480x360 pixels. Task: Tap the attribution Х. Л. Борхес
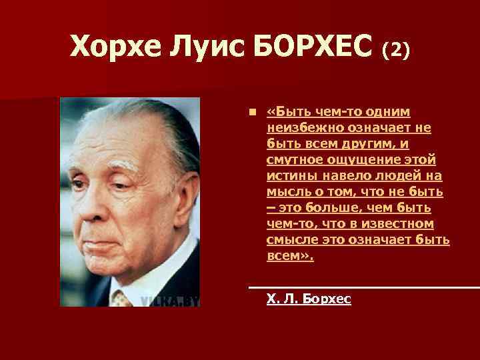pos(308,299)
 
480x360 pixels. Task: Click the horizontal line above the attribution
pos(363,287)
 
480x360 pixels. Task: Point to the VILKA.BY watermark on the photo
pos(170,301)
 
